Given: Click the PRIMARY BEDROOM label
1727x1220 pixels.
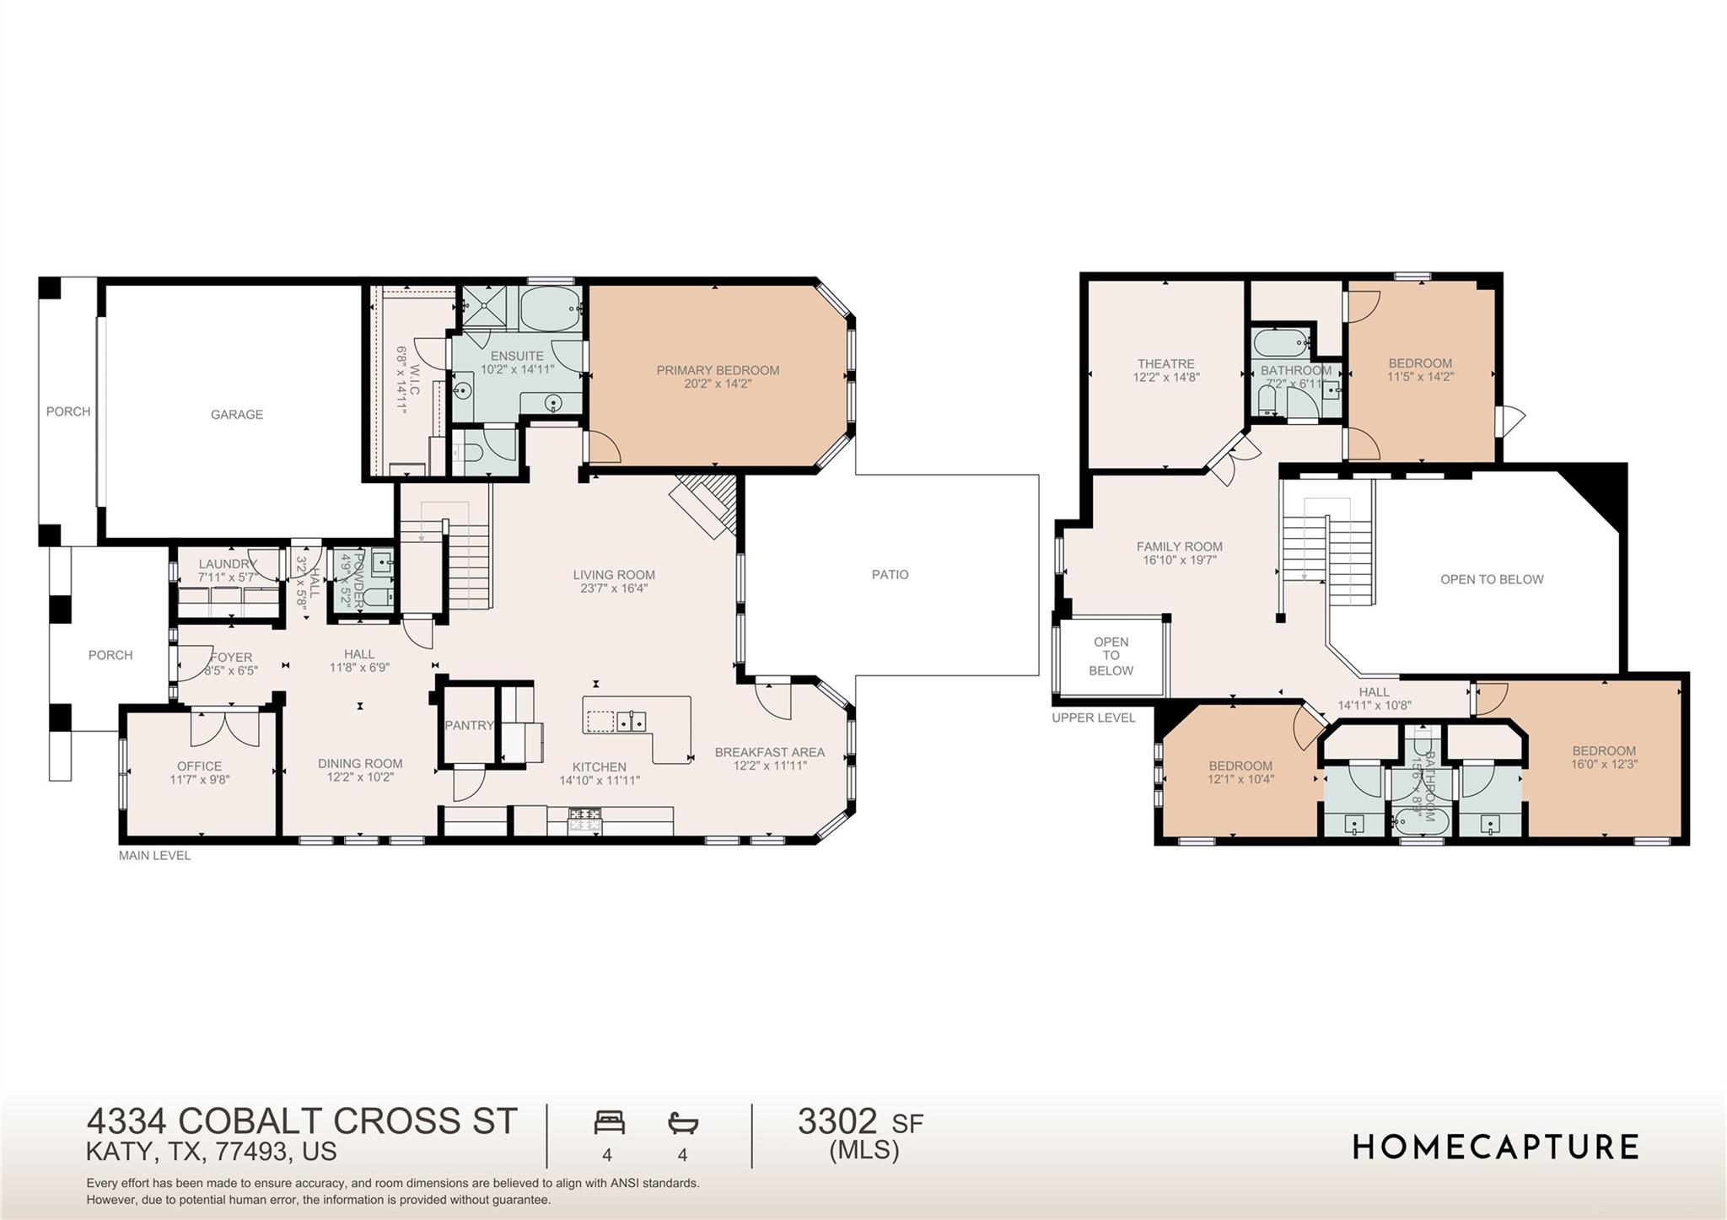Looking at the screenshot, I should tap(718, 370).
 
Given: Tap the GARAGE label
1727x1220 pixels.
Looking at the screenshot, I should tap(237, 415).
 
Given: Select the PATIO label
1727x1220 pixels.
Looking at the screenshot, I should tap(890, 575).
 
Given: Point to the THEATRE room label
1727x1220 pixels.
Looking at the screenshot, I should tap(1165, 364).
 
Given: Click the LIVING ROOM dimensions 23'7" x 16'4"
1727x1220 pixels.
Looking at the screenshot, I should tap(613, 589).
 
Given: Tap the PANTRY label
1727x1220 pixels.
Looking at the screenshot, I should tap(469, 725).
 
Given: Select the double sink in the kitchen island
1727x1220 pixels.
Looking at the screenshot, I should tap(632, 721).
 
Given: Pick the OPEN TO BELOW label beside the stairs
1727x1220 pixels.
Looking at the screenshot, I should tap(1492, 580).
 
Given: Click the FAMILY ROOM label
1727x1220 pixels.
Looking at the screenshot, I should tap(1179, 546).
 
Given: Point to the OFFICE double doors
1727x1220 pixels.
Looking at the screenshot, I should tap(224, 728).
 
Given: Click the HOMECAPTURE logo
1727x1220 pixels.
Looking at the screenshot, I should tap(1495, 1147).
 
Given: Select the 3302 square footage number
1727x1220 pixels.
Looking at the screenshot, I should tap(837, 1122).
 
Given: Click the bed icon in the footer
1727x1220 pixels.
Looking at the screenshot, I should tap(609, 1122).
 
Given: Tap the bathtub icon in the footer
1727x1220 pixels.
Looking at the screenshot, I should tap(683, 1122).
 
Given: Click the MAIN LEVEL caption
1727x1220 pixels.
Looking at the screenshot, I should tap(154, 856).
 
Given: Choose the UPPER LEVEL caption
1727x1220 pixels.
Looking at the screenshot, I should tap(1093, 718).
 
